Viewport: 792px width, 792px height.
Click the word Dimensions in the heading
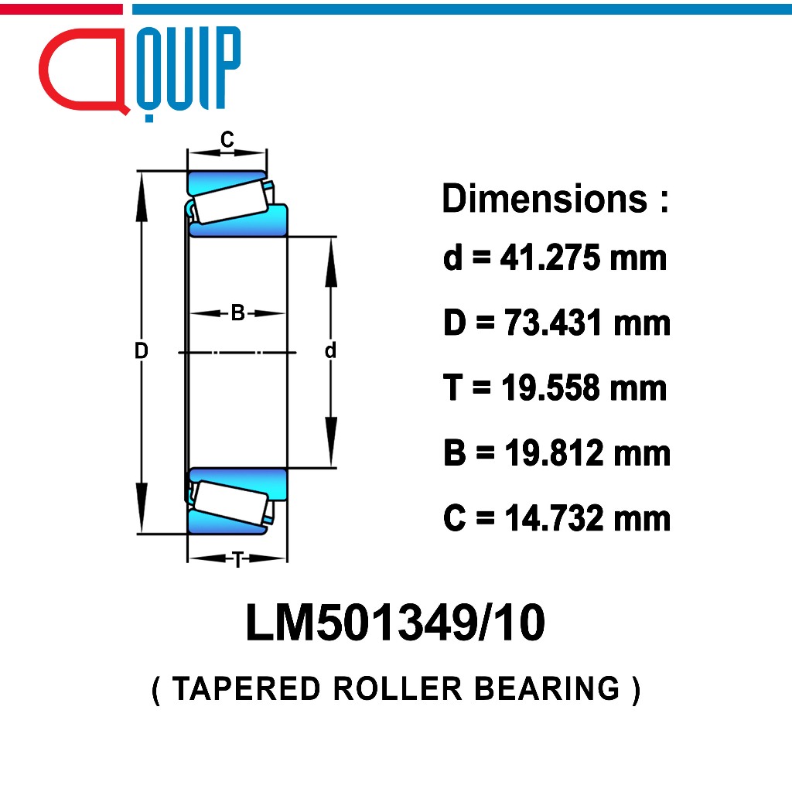544,199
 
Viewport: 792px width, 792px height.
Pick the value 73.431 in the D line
552,323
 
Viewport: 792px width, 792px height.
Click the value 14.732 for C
553,517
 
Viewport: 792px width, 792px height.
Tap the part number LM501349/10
395,623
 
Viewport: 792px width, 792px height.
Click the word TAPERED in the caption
246,688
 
